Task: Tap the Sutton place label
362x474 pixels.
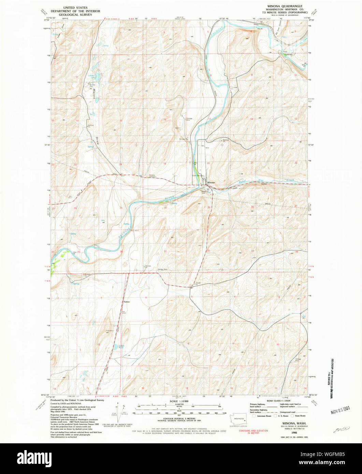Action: [x=127, y=302]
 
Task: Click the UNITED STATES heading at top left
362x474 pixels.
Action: [x=75, y=6]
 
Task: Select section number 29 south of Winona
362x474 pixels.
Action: [x=209, y=207]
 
